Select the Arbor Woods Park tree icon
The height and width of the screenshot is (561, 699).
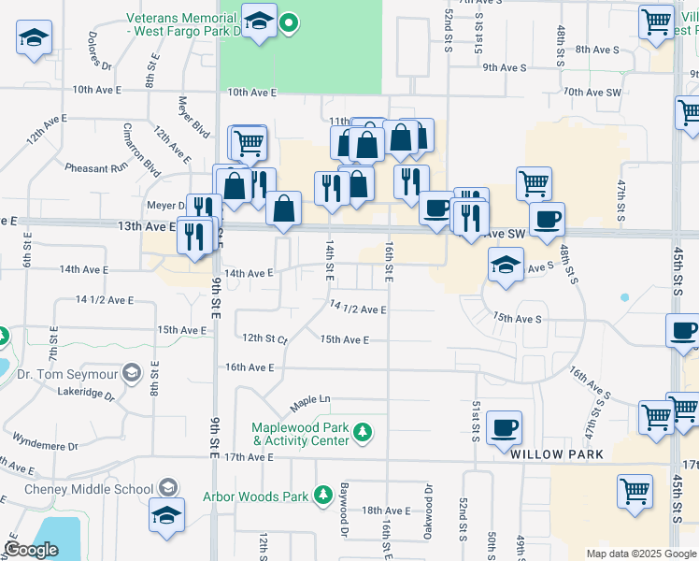click(323, 494)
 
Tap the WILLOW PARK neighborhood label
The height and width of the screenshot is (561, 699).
click(556, 453)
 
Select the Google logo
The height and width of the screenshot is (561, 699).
click(30, 550)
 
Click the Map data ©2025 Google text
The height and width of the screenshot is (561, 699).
click(640, 554)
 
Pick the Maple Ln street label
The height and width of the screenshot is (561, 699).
click(310, 400)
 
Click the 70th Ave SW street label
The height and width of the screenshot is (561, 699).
click(592, 93)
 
